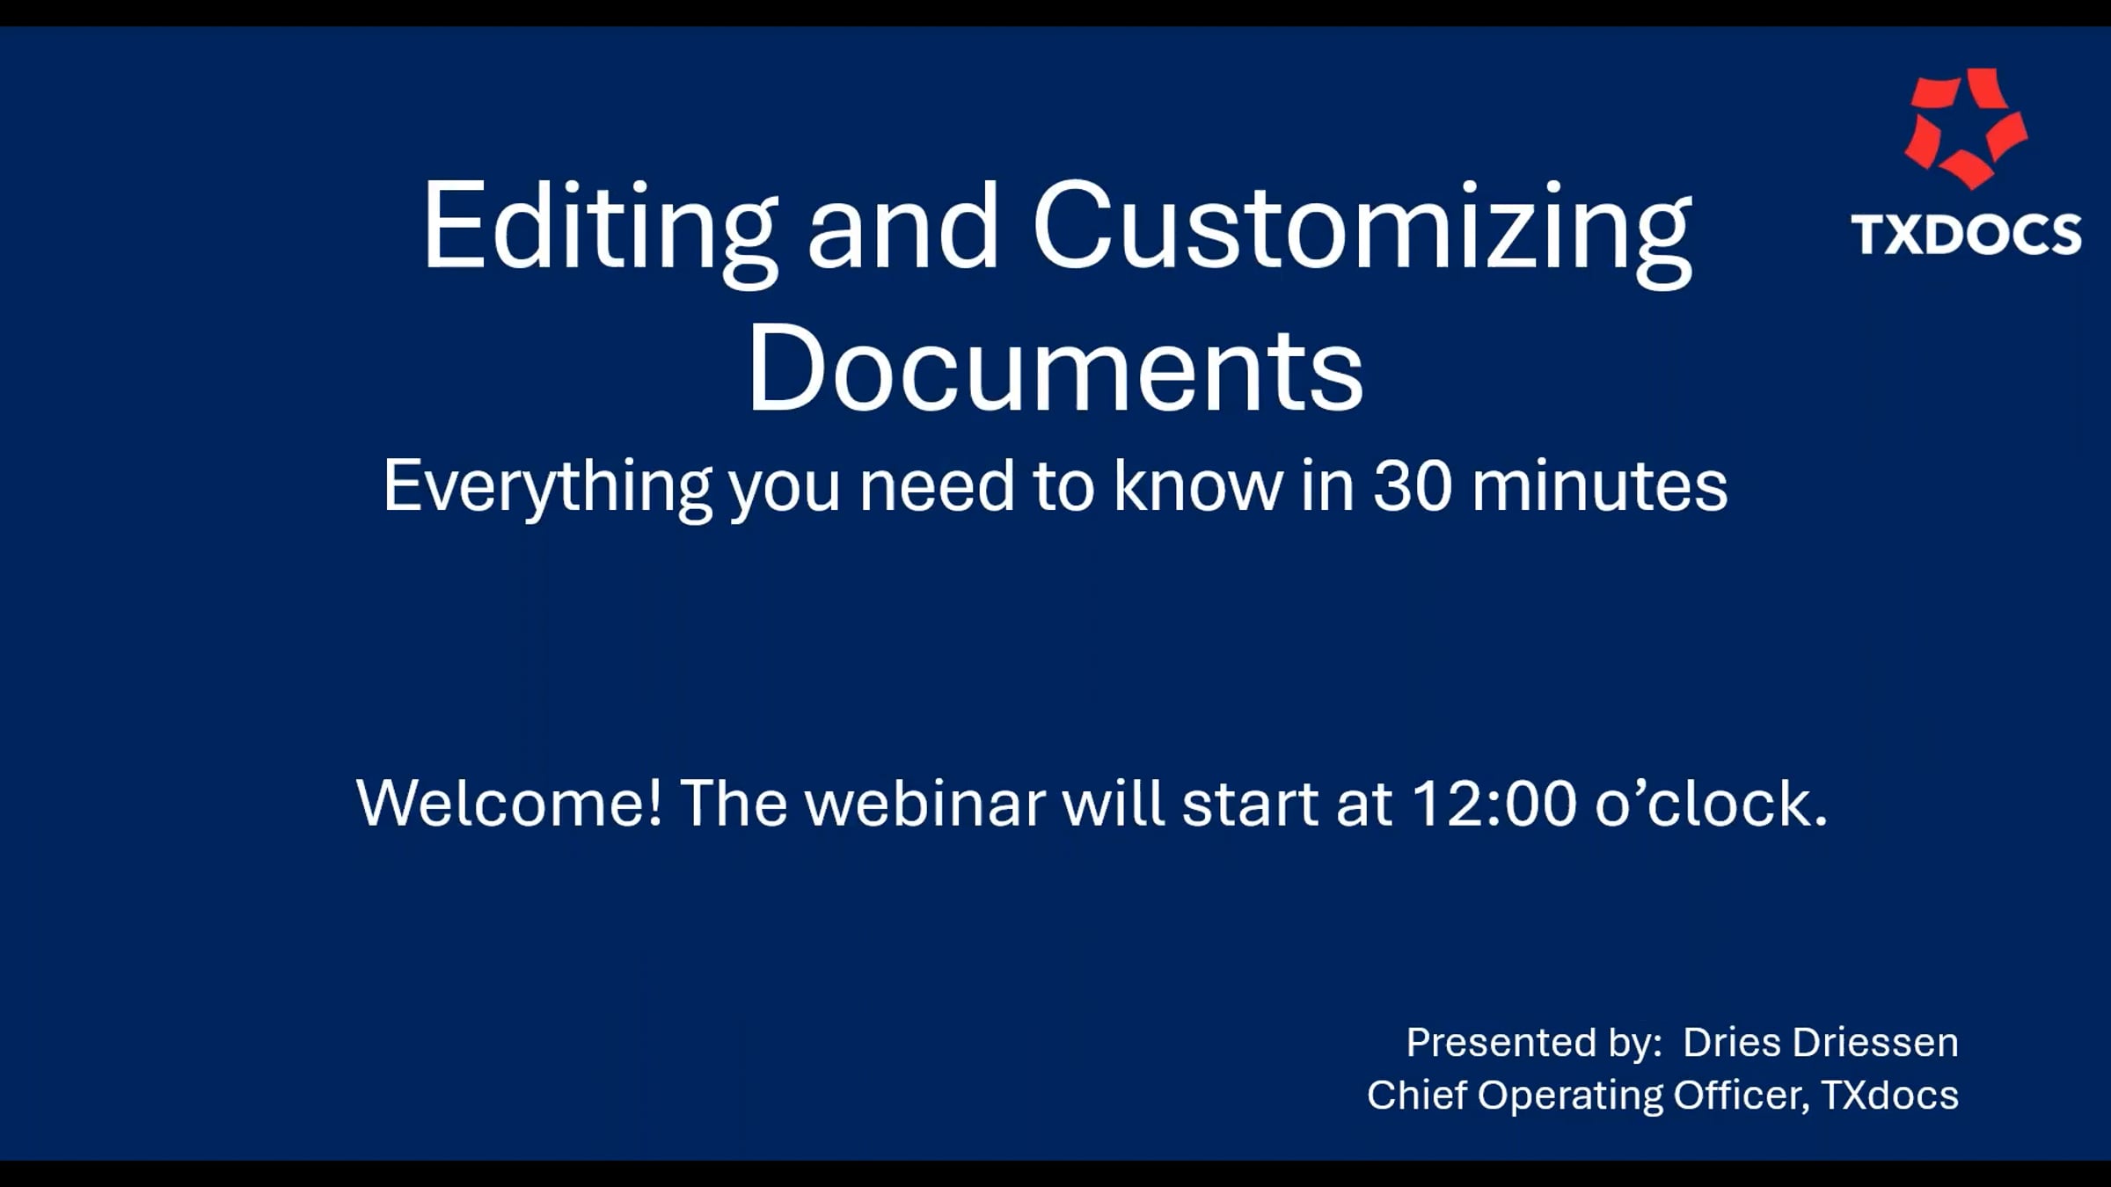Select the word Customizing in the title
1362,231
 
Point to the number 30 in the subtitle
1412,485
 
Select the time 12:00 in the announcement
1494,803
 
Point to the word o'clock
1711,803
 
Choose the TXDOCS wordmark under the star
1967,235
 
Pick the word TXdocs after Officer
1889,1096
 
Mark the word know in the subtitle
1198,485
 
